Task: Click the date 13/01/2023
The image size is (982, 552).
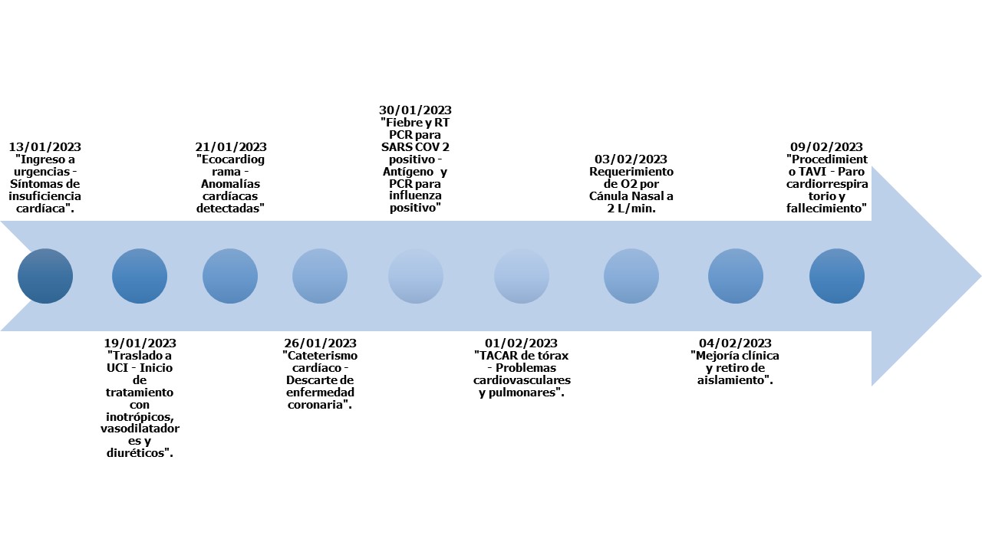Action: tap(44, 147)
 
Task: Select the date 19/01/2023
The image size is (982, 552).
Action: tap(140, 343)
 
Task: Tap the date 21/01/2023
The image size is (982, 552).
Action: tap(230, 147)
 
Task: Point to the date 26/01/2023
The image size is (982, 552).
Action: tap(320, 343)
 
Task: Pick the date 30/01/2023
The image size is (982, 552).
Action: tap(415, 110)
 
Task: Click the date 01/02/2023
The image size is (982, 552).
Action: tap(521, 343)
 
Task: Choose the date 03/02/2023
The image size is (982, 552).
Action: tap(631, 159)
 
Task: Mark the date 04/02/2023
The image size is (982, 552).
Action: tap(735, 343)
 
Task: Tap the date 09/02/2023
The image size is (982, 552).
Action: tap(826, 147)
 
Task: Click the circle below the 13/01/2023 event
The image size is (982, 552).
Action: tap(45, 276)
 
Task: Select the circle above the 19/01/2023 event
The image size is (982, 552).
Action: tap(140, 276)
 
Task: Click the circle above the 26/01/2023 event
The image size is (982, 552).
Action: tap(320, 276)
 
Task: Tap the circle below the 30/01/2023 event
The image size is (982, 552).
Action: tap(416, 276)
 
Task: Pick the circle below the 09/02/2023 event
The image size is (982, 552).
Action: tap(837, 276)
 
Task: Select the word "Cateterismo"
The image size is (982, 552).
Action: tap(321, 356)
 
